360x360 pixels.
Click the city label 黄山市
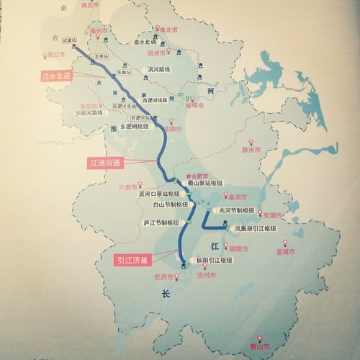258,343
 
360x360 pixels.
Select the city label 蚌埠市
194,105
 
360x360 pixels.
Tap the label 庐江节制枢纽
162,222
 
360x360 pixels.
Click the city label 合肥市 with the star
197,175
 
